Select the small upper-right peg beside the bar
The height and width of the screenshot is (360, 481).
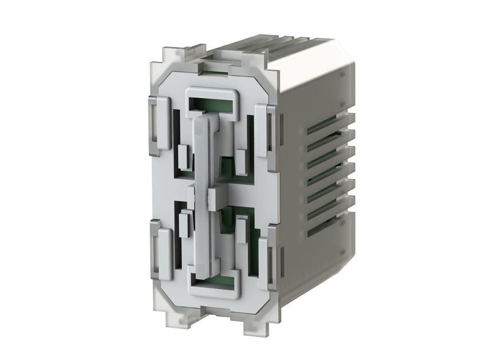(x=241, y=162)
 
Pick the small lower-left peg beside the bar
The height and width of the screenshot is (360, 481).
(x=184, y=224)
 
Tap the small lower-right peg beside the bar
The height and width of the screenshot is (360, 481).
(x=242, y=229)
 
